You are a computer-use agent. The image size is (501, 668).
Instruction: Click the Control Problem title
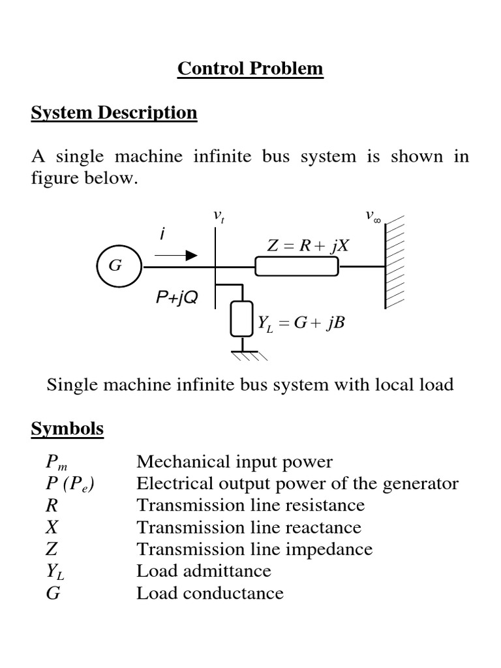(250, 68)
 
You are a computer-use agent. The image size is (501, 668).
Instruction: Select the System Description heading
(114, 112)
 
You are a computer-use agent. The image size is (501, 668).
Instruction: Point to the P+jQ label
(177, 298)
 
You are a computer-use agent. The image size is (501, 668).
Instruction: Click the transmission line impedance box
(297, 267)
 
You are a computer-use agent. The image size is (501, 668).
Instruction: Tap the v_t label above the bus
(219, 216)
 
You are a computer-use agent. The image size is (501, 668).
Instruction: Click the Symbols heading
(67, 429)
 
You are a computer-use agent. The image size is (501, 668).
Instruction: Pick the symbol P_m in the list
(57, 463)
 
